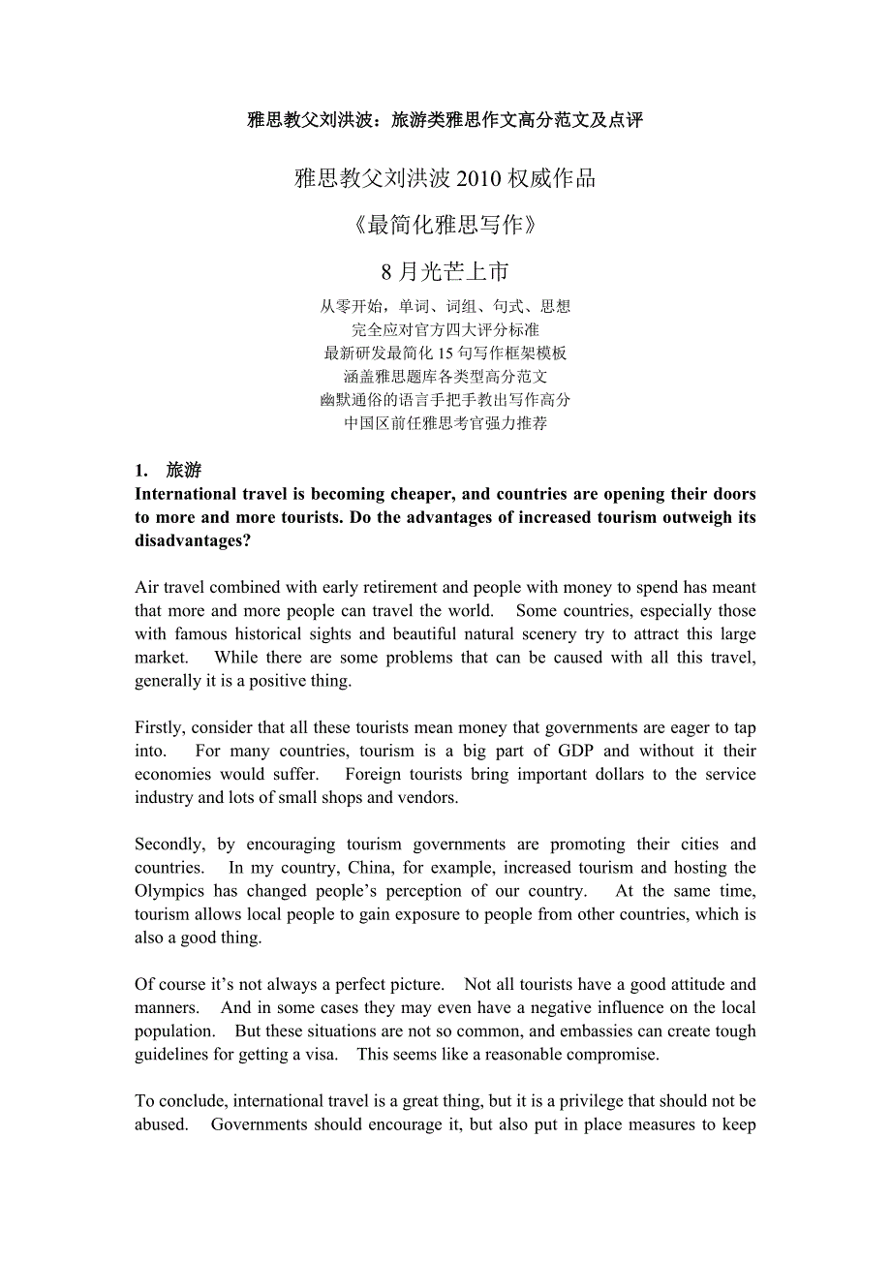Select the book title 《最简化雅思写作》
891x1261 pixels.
tap(445, 225)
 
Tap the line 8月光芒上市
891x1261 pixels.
tap(445, 271)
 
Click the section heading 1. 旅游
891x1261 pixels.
tap(169, 471)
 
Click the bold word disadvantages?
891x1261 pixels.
tap(193, 540)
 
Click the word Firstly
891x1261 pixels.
tap(160, 727)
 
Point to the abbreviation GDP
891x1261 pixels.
tap(575, 751)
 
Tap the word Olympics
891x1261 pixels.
tap(169, 891)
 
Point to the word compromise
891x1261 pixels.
tap(609, 1055)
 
